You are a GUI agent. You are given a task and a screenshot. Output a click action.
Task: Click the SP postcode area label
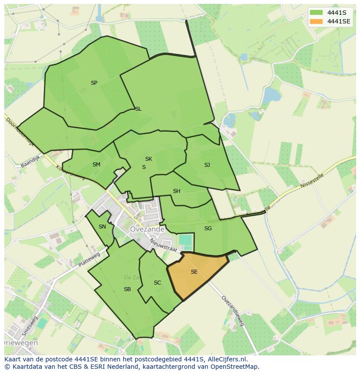click(x=94, y=83)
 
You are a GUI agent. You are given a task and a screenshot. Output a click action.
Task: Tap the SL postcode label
click(x=138, y=109)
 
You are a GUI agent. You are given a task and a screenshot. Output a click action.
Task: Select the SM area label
click(x=97, y=165)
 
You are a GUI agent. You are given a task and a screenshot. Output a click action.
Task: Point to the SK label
click(x=149, y=159)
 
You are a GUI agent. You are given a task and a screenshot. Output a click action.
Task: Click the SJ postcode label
click(x=207, y=165)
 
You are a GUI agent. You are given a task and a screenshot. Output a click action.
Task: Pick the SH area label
click(x=177, y=191)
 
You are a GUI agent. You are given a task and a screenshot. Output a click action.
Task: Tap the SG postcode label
click(x=208, y=228)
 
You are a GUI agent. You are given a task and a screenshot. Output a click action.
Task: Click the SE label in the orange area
click(x=194, y=272)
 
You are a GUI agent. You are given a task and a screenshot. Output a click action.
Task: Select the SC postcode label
click(x=157, y=283)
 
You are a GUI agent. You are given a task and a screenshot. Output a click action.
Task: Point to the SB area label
click(x=127, y=289)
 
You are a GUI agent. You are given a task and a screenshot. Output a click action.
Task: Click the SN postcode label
click(x=102, y=227)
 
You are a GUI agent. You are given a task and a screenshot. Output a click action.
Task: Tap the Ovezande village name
click(x=147, y=229)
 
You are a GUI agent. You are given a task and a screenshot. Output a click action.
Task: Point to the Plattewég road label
click(x=89, y=260)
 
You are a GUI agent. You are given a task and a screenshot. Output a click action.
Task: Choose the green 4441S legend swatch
click(x=316, y=13)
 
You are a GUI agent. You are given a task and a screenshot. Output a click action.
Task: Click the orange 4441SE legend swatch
click(x=316, y=21)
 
